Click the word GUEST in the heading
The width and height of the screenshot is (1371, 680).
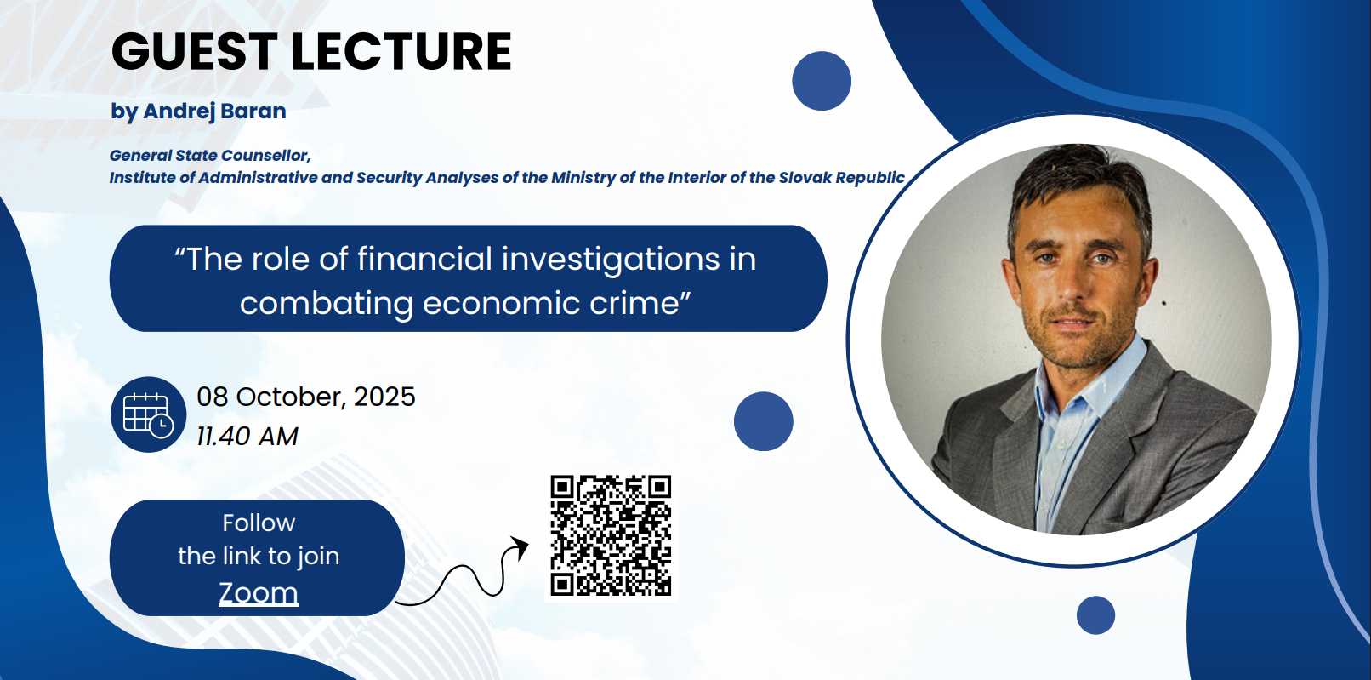194,51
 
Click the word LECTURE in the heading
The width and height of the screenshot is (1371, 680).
401,51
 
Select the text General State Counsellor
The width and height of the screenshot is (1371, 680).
210,156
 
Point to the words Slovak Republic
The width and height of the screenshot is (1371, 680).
842,178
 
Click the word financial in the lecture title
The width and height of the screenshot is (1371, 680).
424,259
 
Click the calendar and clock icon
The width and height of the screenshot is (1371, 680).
149,414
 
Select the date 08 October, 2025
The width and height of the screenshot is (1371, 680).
306,397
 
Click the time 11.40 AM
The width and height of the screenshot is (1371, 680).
247,437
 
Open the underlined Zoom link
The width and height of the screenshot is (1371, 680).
259,592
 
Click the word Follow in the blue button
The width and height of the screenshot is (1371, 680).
259,523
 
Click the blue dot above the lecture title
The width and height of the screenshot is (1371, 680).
822,81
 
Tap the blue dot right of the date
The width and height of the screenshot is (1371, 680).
763,421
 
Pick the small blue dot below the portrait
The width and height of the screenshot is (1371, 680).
1095,615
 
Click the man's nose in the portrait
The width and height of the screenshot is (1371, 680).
1073,287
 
